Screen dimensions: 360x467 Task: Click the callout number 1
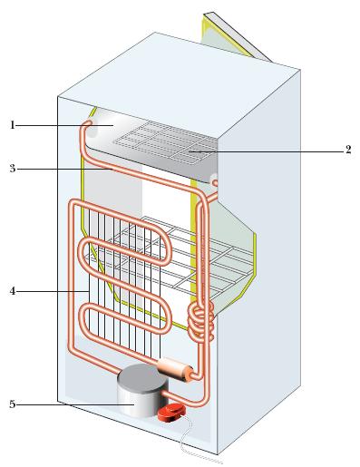point(13,125)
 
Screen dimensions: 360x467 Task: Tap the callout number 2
point(348,150)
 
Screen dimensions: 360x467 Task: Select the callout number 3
point(13,169)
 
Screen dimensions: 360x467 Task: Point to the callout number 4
point(13,291)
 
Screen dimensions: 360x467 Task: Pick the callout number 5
point(13,404)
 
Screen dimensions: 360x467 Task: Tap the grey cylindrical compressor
point(142,390)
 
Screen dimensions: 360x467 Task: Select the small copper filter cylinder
point(175,369)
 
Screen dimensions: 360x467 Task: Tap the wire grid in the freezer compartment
point(165,142)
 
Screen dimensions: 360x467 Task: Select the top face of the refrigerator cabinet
point(179,84)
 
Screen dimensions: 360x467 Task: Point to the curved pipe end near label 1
point(87,123)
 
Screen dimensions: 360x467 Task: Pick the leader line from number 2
point(265,151)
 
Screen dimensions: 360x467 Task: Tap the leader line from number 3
point(65,170)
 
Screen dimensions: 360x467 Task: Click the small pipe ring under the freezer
point(215,182)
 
